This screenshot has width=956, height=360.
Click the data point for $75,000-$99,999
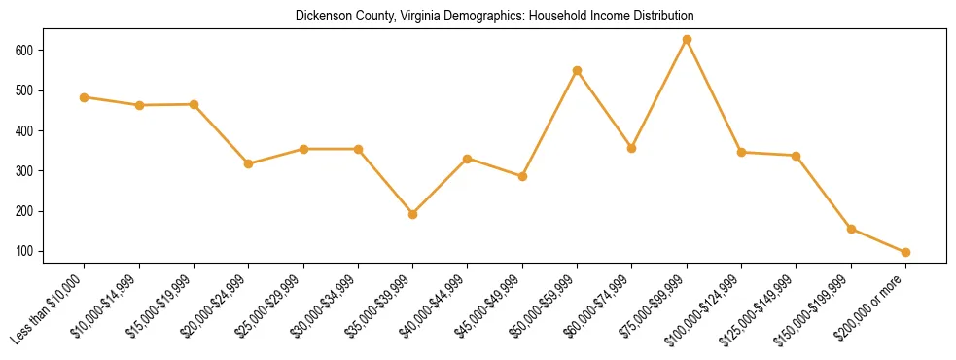tap(687, 40)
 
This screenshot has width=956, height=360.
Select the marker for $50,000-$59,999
tap(577, 71)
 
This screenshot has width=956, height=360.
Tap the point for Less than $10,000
tap(84, 97)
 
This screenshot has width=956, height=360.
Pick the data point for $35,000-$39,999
tap(412, 214)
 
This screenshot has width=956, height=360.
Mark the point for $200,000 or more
tap(905, 252)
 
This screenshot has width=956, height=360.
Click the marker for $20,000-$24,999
tap(248, 163)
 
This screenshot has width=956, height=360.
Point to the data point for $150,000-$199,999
tap(851, 230)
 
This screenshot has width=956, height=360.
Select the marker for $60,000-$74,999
tap(631, 149)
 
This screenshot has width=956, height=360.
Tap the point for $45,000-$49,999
tap(522, 177)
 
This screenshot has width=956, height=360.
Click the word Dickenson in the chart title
tap(322, 17)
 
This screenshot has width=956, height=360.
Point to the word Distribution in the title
tap(662, 17)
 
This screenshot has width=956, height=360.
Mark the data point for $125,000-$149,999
tap(796, 156)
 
